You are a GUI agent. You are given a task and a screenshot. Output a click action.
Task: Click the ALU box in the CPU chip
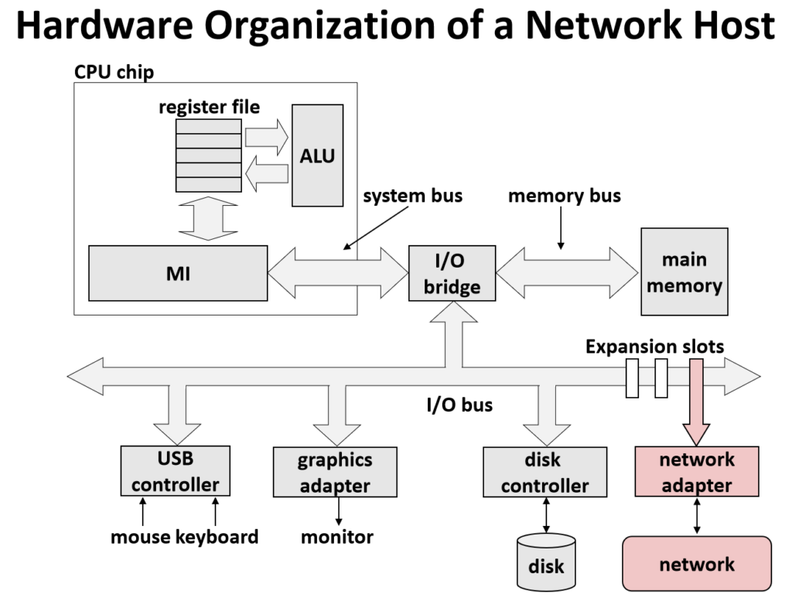317,155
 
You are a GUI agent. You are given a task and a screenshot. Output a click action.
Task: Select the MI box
178,273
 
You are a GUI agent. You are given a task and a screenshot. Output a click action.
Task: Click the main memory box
684,272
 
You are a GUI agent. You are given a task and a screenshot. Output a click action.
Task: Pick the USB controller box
176,471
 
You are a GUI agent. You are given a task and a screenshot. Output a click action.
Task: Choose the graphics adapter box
335,472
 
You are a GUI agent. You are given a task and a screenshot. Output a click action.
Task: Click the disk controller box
544,472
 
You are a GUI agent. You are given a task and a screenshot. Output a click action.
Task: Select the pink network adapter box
696,472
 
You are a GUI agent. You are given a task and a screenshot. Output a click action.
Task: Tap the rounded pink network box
697,564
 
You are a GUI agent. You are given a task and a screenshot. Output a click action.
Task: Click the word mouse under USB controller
140,536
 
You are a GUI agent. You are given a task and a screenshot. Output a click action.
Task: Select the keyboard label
217,536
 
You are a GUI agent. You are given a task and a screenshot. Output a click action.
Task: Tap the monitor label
337,536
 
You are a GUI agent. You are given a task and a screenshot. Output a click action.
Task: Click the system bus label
413,195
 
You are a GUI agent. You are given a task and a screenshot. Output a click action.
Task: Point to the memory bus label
564,195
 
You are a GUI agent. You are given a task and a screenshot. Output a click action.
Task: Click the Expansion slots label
654,346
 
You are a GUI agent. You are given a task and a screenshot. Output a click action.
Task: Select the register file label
209,107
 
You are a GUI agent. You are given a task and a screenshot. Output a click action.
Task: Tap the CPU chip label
114,72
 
